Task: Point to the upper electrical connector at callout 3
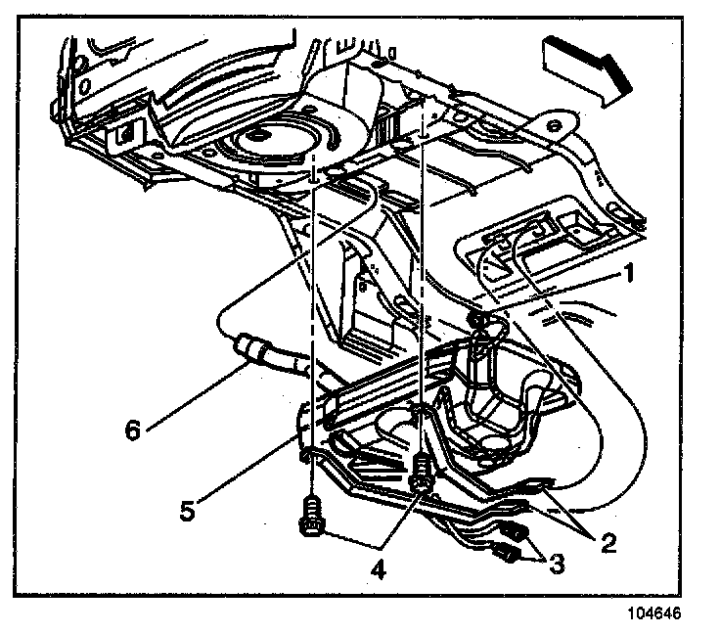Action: click(x=516, y=534)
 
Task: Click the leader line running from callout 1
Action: click(x=558, y=293)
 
